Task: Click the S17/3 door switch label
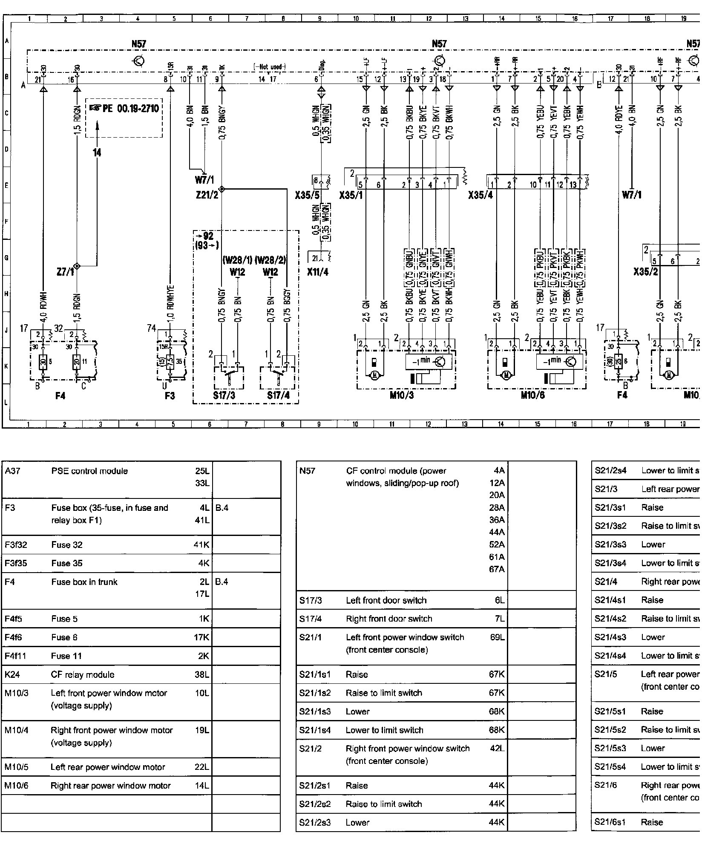pos(224,396)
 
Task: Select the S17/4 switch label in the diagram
pos(279,396)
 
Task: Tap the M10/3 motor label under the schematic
pos(402,395)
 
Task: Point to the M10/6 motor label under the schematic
pos(532,395)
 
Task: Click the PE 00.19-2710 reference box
pos(124,109)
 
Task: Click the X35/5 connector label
pos(307,196)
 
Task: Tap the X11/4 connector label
pos(318,272)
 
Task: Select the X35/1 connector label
pos(351,196)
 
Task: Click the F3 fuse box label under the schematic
pos(170,396)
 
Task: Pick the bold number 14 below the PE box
pos(97,153)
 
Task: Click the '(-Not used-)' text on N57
pos(269,67)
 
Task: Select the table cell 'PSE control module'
pos(89,471)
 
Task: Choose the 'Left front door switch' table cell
pos(386,600)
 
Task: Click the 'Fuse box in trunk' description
pos(84,582)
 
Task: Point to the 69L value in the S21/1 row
pos(497,637)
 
